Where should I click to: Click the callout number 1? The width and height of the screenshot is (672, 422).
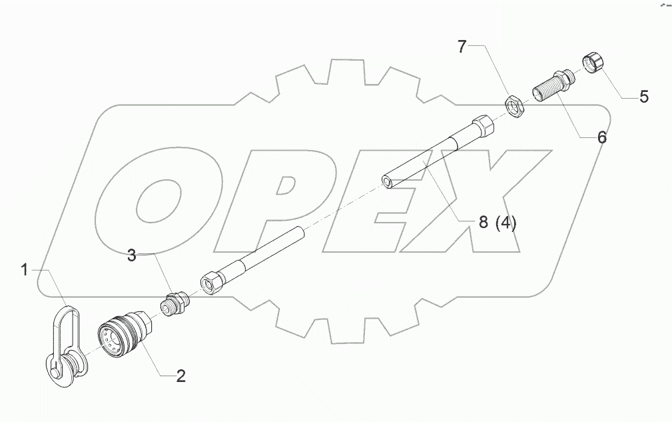pyautogui.click(x=25, y=271)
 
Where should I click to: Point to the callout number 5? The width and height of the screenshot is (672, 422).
pyautogui.click(x=643, y=97)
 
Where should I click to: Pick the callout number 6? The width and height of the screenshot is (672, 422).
pyautogui.click(x=601, y=137)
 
